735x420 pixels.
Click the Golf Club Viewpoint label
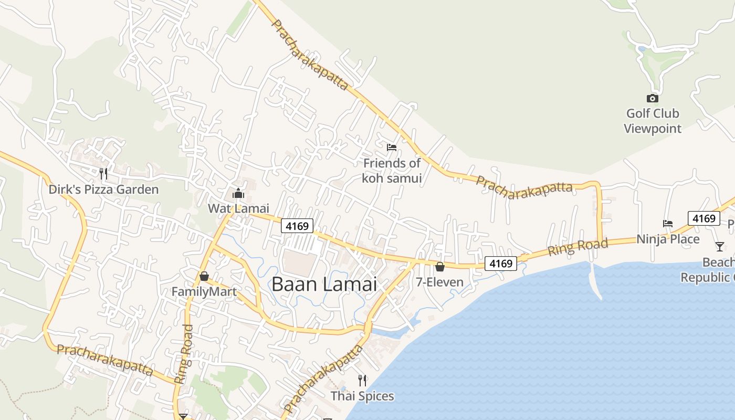(653, 121)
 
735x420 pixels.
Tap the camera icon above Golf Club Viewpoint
(652, 98)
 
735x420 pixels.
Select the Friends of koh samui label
(392, 171)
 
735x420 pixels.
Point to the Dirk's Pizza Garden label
(103, 190)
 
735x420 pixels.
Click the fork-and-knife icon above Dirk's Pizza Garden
(103, 173)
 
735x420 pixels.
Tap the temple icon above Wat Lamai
(238, 194)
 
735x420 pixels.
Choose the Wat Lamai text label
(238, 208)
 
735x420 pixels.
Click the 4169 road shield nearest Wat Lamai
(297, 226)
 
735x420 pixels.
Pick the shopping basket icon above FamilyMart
(204, 276)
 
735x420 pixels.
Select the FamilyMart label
(204, 291)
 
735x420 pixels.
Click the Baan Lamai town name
(324, 285)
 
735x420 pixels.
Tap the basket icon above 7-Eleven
(440, 267)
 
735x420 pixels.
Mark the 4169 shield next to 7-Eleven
(500, 263)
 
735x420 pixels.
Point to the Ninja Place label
(668, 239)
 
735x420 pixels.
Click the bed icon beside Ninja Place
(668, 224)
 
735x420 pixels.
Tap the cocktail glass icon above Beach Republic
(719, 246)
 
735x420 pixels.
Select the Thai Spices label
(362, 396)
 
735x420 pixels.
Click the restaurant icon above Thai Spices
(362, 381)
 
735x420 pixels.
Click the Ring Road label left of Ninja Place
(577, 247)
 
